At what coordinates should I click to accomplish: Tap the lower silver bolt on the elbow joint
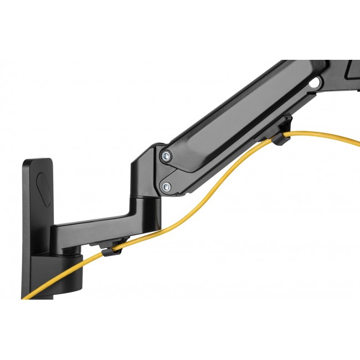166,187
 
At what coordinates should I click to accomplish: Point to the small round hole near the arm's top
316,83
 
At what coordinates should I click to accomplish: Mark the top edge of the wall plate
38,161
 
